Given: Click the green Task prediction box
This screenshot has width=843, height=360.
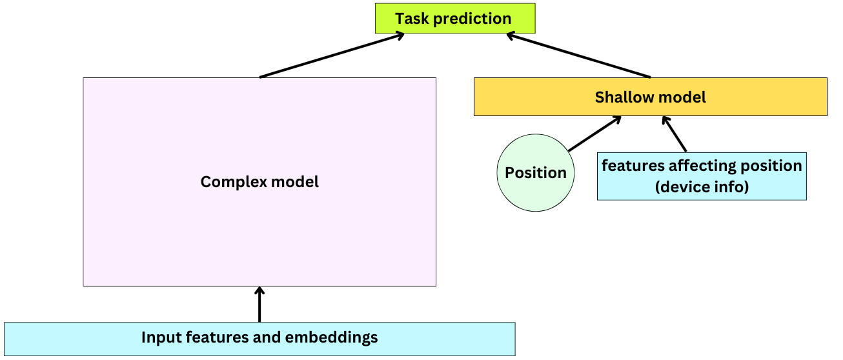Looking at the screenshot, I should coord(455,19).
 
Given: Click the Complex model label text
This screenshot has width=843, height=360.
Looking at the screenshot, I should coord(259,182).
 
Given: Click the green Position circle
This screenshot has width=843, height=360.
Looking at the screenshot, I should coord(535,173).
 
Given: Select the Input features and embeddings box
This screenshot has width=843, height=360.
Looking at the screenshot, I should coord(259,338).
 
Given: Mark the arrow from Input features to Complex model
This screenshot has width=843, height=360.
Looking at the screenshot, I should coord(259,305).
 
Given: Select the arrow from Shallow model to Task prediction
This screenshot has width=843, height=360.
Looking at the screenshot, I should coord(578,56).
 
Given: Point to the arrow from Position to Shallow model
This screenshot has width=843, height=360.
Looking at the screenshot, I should coord(594,134).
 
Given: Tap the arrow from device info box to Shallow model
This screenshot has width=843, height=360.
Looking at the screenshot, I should coord(675,134).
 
